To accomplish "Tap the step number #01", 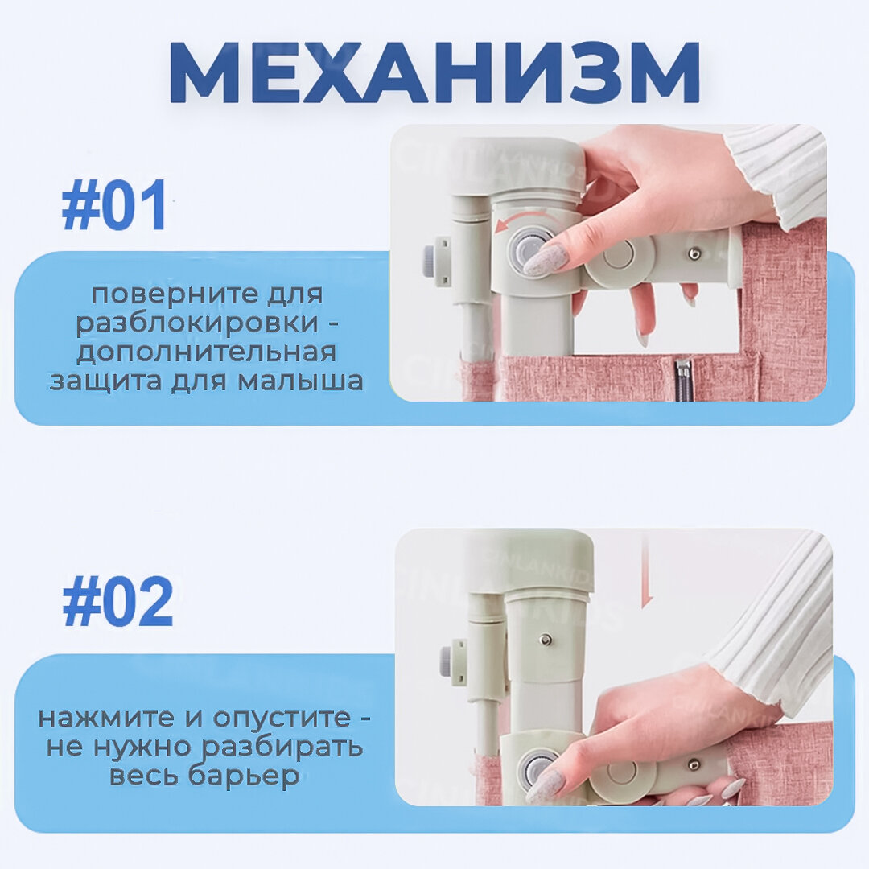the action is (114, 205).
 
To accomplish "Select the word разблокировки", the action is (197, 323).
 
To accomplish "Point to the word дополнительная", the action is (206, 352).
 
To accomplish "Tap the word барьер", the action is (244, 776).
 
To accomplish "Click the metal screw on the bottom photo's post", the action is (547, 639).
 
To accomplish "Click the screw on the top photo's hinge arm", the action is (693, 254).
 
